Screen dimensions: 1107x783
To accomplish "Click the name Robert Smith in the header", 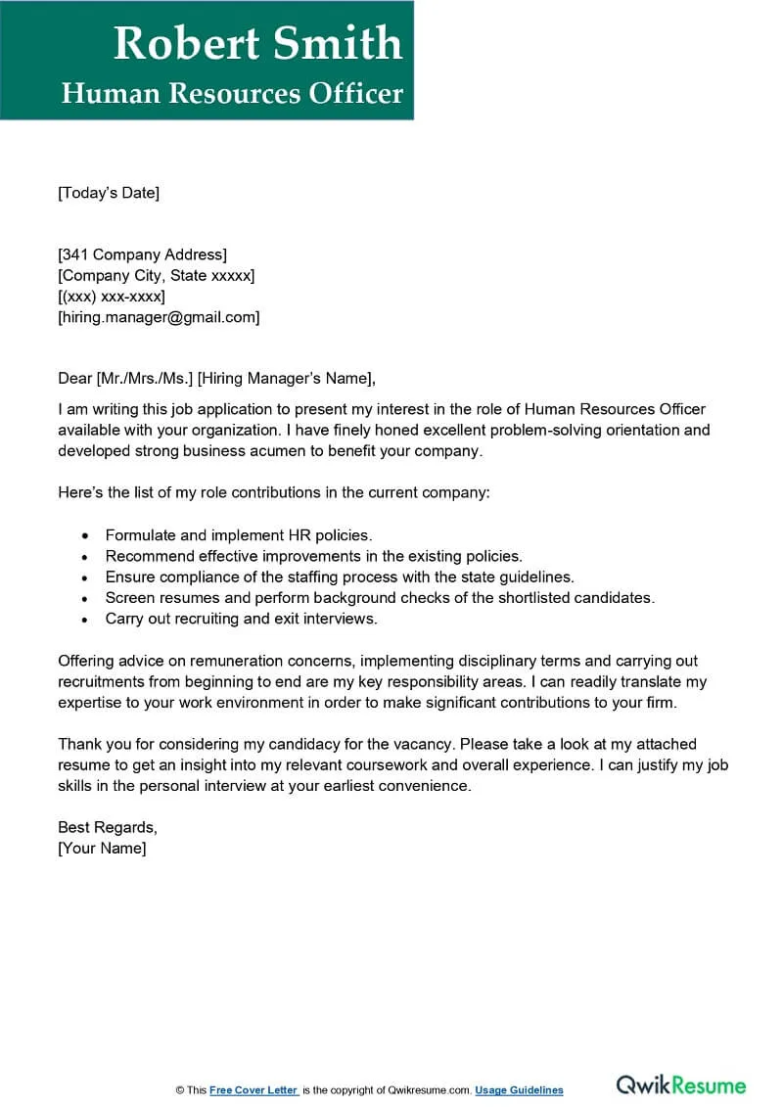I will pyautogui.click(x=257, y=43).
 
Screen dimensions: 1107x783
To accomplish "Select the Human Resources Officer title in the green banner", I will pyautogui.click(x=232, y=94).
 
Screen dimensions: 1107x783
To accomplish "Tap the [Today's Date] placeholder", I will pyautogui.click(x=108, y=193).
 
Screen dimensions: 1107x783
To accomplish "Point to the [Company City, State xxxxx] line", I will pyautogui.click(x=157, y=276).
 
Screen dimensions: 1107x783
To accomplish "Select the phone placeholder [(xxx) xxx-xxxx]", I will pyautogui.click(x=112, y=297).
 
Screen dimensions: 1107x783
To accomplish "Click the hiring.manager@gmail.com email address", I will pyautogui.click(x=159, y=317).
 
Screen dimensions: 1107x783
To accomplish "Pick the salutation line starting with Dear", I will pyautogui.click(x=216, y=379).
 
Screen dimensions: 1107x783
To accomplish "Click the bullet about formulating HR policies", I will pyautogui.click(x=239, y=535).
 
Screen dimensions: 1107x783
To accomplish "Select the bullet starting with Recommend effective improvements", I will pyautogui.click(x=313, y=556).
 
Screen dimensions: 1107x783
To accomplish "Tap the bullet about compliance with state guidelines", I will pyautogui.click(x=340, y=577).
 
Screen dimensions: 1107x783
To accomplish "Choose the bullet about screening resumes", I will pyautogui.click(x=380, y=597).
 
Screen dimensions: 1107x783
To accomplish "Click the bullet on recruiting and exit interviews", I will pyautogui.click(x=241, y=619).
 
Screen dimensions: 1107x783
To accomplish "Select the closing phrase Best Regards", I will pyautogui.click(x=107, y=827).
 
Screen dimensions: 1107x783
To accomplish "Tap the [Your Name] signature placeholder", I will pyautogui.click(x=102, y=849).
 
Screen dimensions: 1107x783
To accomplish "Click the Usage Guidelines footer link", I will pyautogui.click(x=519, y=1090).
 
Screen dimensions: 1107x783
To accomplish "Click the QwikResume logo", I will pyautogui.click(x=680, y=1085).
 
